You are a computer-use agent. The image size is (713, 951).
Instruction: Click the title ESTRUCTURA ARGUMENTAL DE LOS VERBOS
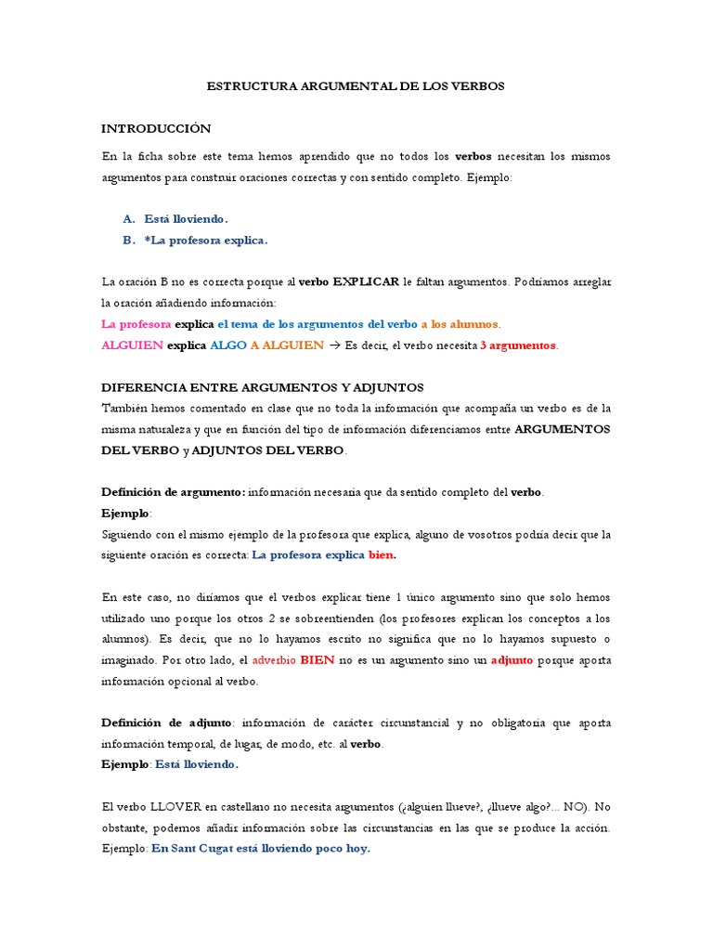356,85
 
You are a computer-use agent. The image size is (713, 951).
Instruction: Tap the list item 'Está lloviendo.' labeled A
186,218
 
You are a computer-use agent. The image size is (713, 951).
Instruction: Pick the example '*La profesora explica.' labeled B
205,240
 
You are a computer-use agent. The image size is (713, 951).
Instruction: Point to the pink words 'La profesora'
136,324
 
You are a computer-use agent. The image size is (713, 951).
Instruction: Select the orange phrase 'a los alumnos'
460,324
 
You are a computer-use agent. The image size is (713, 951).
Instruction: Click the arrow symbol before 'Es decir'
335,345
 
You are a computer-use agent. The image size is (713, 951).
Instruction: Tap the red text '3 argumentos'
518,345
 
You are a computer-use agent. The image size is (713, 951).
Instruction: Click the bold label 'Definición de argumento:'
174,492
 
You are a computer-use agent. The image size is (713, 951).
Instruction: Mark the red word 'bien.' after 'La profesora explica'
382,555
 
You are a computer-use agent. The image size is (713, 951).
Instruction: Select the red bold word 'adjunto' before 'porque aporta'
512,660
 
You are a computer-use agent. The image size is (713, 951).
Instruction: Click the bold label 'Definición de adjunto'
166,723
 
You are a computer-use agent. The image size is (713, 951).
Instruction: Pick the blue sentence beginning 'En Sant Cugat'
261,849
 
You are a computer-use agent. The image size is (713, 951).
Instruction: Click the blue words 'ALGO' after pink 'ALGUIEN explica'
228,345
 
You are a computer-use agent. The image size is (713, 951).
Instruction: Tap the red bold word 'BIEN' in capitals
318,660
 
